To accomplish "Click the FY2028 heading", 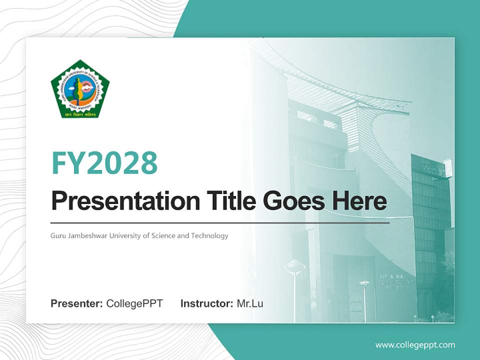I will click(x=104, y=162).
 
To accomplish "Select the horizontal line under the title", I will click(x=220, y=222).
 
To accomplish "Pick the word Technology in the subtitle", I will click(x=210, y=235).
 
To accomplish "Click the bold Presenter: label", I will click(x=77, y=303).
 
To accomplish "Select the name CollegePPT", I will click(x=134, y=303).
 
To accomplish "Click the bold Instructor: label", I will click(x=206, y=303).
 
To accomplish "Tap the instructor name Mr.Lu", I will click(x=250, y=303).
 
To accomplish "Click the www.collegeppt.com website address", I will click(x=415, y=345).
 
